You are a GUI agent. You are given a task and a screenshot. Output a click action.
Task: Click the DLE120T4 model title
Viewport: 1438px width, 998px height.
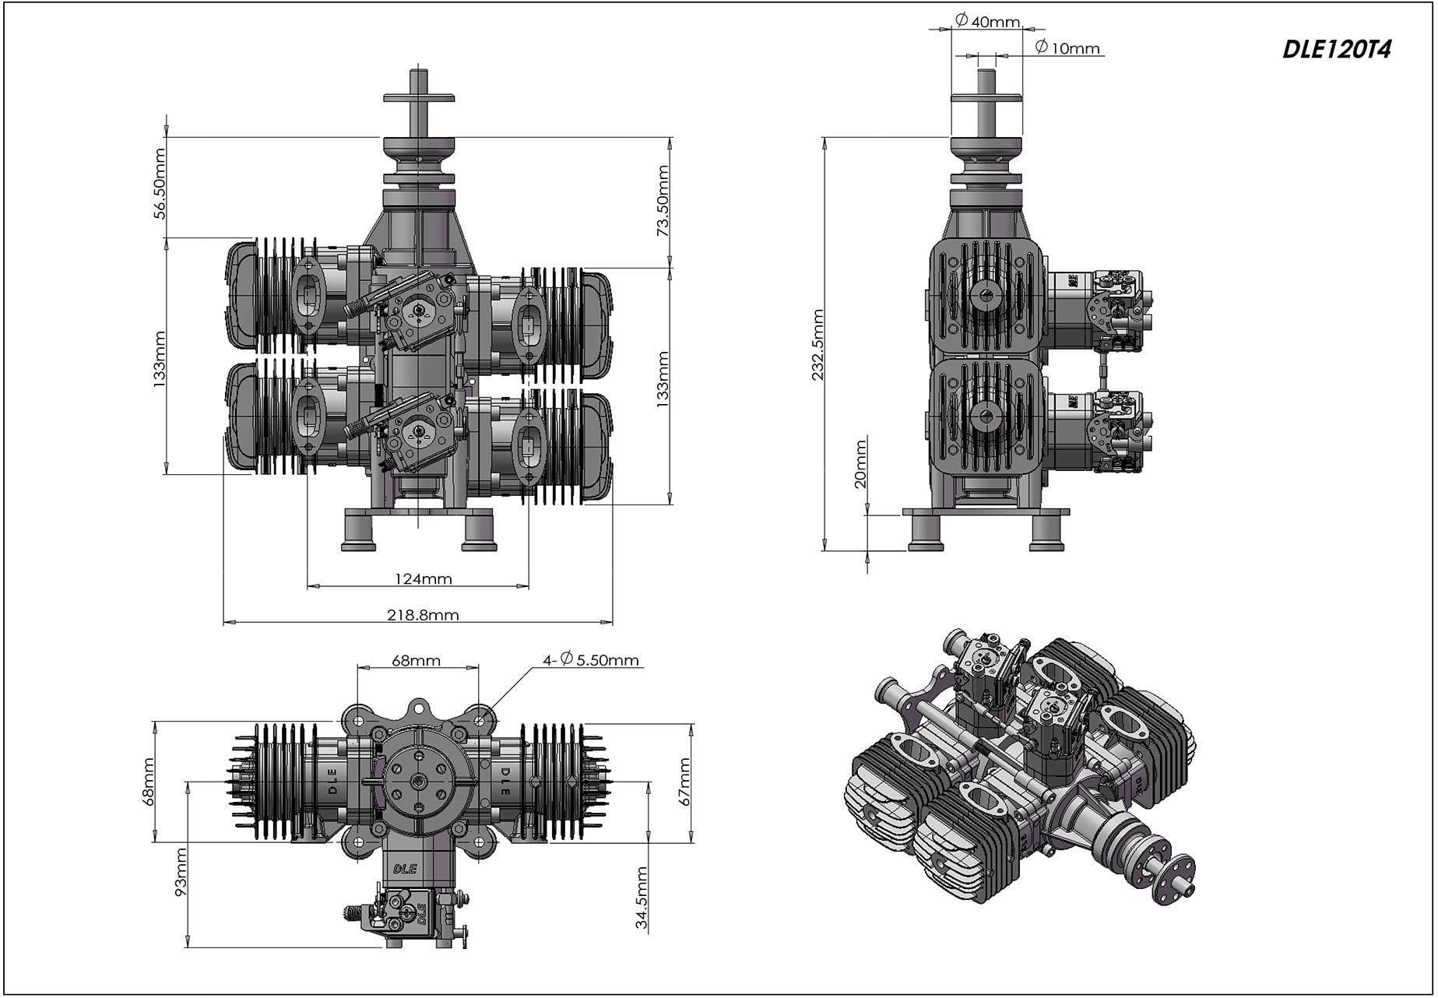pos(1336,49)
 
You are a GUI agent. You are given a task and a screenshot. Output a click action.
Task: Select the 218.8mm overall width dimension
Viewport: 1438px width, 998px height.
pos(423,615)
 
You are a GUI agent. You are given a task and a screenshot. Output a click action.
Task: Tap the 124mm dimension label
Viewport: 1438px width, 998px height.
pos(423,578)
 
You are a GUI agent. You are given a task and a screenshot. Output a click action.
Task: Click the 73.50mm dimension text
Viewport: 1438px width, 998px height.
pos(663,201)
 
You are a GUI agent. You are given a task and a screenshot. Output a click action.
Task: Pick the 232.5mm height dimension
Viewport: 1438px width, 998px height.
pos(817,345)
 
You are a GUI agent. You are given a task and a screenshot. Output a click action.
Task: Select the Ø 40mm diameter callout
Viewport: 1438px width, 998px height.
pos(987,20)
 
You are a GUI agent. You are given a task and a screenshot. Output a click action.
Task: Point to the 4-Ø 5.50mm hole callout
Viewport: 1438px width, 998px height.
pos(591,660)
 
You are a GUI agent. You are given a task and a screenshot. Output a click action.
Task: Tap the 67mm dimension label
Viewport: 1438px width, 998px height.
pos(684,782)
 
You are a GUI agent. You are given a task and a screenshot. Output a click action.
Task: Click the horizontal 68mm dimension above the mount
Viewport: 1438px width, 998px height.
pos(416,661)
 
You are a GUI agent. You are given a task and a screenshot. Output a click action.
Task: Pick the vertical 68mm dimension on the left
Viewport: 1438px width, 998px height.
pos(149,782)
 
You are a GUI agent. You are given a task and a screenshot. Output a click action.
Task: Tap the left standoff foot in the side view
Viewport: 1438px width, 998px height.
pos(926,533)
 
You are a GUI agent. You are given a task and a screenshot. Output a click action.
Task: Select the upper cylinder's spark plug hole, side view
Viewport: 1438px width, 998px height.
pos(986,293)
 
